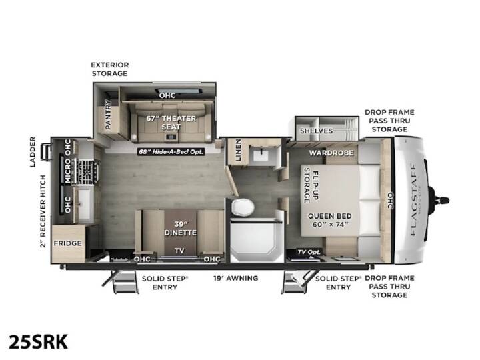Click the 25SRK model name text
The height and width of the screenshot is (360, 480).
point(38,341)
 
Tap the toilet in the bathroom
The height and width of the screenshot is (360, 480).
point(243,207)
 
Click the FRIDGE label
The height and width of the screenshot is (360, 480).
point(67,243)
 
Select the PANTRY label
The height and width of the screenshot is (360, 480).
point(108,115)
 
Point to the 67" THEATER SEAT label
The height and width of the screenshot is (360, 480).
point(171,123)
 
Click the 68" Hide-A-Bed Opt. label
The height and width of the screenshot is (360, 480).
point(171,151)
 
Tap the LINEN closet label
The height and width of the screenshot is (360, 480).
point(238,150)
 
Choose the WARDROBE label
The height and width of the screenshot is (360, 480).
point(331,153)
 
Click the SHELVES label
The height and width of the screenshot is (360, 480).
point(316,131)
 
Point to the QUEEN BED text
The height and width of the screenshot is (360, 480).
point(330,216)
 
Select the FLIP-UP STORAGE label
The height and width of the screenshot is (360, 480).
point(311,185)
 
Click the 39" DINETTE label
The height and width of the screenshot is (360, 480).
point(180,229)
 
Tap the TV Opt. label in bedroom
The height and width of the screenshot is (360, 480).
point(309,252)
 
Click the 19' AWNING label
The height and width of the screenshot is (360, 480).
point(236,278)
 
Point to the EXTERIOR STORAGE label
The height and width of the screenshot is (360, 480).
point(109,69)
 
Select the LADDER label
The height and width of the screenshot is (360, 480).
point(33,152)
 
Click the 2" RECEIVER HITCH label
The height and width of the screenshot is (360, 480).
point(43,211)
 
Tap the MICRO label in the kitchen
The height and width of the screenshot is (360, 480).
point(67,171)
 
